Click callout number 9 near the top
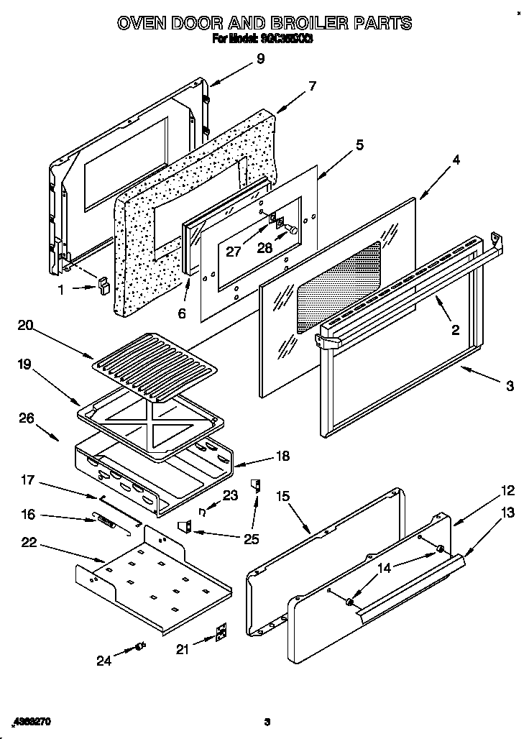[x=260, y=59]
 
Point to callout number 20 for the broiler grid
[x=25, y=325]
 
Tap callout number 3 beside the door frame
[x=510, y=386]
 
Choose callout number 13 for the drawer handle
[x=509, y=513]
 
